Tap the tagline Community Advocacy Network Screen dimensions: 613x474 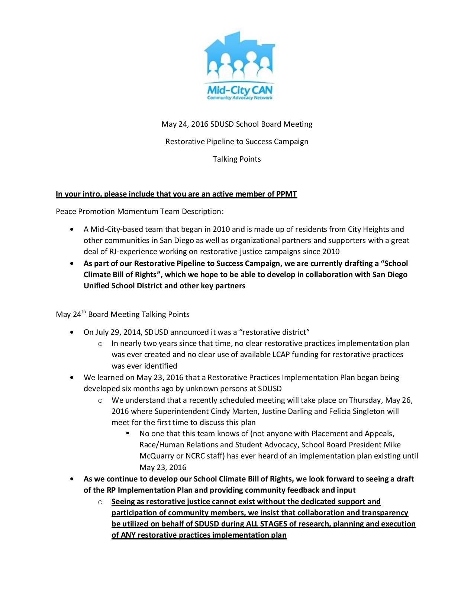[240, 98]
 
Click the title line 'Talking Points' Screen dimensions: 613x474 [237, 159]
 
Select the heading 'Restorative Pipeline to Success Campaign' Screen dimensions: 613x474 [237, 142]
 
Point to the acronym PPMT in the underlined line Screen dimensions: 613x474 [287, 194]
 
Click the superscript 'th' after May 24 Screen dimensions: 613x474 [84, 312]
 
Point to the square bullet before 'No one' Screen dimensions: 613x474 [128, 433]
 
